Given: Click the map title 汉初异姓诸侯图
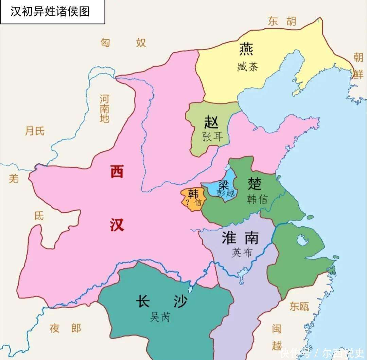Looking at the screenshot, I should (50, 12).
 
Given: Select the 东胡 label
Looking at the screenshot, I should (282, 21).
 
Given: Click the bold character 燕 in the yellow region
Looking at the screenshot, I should (246, 50).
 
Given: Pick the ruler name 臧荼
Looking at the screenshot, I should (247, 67).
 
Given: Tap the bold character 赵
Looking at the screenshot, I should (211, 122).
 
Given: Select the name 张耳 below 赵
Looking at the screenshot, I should (212, 137).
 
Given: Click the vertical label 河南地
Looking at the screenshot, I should (104, 109).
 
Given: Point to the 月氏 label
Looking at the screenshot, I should (35, 131).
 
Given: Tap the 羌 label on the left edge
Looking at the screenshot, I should (14, 178).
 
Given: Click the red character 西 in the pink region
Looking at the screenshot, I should (117, 171).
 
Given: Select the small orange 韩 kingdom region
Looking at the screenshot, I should (192, 199).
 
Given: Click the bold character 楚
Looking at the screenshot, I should (255, 183).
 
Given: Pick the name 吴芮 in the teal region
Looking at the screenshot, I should (160, 317).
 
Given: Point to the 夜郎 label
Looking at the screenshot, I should (65, 328).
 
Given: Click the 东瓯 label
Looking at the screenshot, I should (299, 307).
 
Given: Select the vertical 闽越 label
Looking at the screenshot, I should (277, 337).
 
